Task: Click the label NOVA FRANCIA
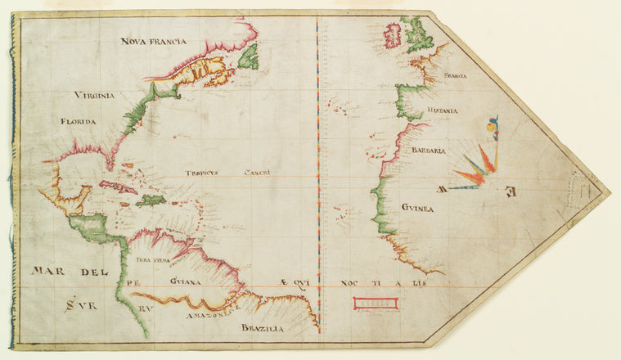[x=153, y=41]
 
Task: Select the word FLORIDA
[x=78, y=121]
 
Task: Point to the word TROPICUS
[x=205, y=173]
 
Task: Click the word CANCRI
[x=257, y=173]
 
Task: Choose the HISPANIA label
[x=442, y=110]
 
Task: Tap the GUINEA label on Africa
[x=417, y=209]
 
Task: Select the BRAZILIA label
[x=262, y=327]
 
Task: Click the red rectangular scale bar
[x=375, y=304]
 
